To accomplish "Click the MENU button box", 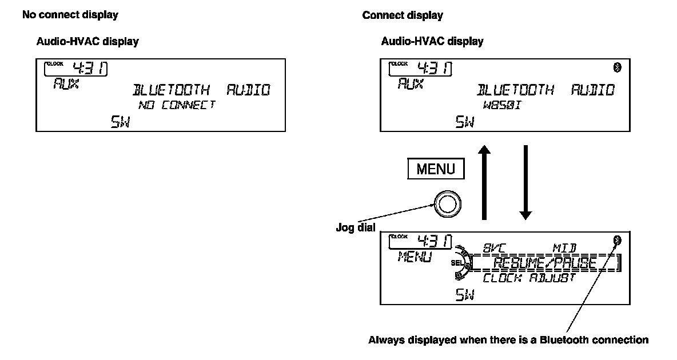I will [436, 169].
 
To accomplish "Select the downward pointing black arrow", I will [525, 182].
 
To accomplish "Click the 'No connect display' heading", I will [70, 15].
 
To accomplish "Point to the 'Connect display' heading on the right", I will [403, 15].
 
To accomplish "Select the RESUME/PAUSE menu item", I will [545, 263].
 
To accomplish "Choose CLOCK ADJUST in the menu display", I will [529, 279].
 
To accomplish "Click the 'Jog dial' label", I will [355, 227].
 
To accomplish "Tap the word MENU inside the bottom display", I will [415, 257].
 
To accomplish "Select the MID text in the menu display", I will [564, 249].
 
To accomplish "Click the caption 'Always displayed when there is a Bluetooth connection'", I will [508, 340].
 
